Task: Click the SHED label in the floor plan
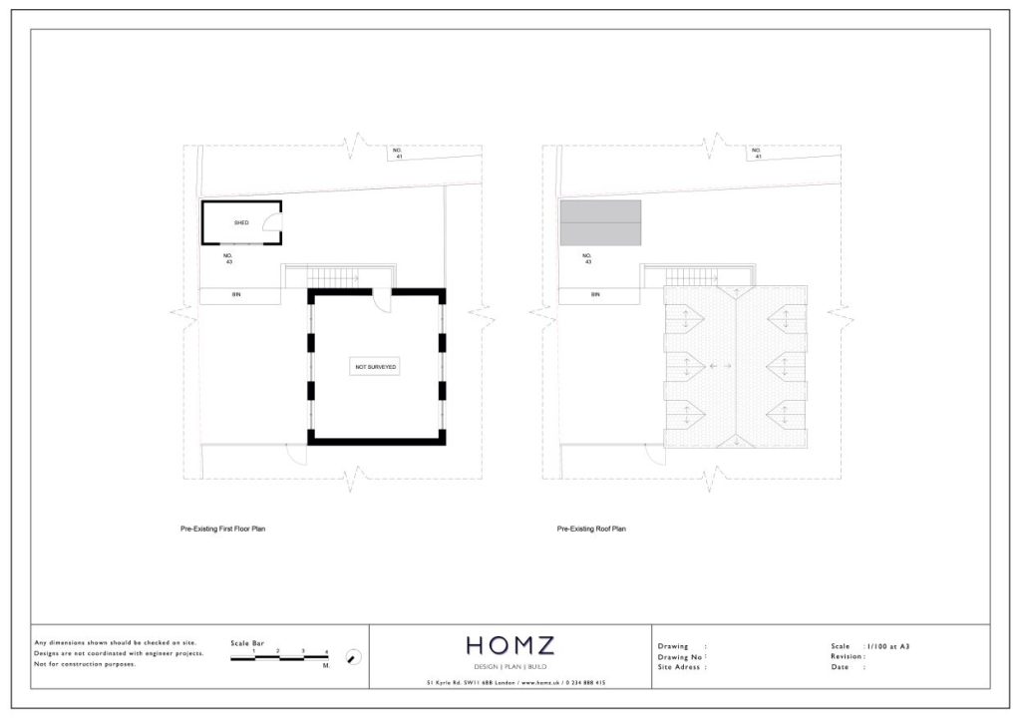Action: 240,222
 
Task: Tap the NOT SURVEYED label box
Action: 376,368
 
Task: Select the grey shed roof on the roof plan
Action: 600,222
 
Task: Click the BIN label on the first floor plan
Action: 236,295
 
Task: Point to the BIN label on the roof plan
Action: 595,295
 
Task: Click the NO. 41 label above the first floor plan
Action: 397,153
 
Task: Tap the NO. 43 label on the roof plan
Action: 588,258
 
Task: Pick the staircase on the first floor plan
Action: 326,276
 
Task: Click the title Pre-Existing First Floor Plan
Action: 215,530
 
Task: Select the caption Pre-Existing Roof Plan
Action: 591,530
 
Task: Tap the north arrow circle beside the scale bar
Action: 352,656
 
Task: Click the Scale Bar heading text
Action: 248,642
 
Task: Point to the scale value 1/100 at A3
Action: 887,646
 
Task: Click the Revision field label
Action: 848,656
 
